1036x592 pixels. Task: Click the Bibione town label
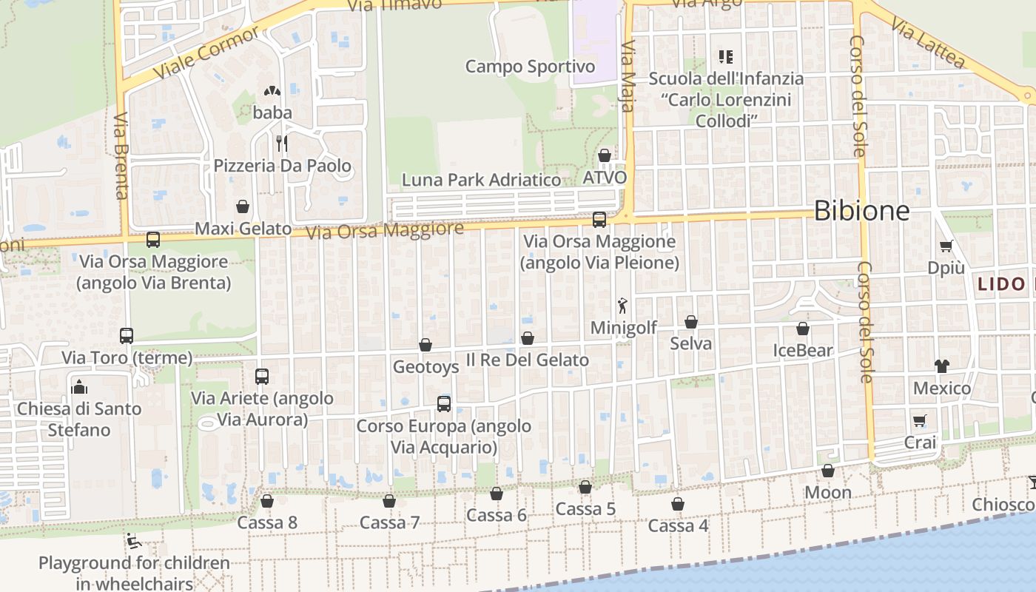[861, 211]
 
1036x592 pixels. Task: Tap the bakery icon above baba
[272, 92]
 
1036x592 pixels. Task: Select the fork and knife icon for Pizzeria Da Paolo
[281, 143]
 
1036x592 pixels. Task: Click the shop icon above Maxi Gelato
[243, 206]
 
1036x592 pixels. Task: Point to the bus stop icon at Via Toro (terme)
[127, 336]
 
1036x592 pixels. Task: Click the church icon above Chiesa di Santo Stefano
[78, 386]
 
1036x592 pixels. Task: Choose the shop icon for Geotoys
[425, 345]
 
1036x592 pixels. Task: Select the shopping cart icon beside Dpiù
[946, 246]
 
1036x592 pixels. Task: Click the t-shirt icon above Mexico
[942, 366]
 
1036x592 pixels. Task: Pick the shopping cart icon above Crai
[920, 420]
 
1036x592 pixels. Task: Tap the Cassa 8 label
[267, 522]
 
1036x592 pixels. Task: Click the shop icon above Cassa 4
[678, 504]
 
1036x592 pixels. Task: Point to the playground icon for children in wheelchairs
[134, 542]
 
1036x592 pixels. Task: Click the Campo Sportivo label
[530, 67]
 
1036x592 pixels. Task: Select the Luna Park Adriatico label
[481, 180]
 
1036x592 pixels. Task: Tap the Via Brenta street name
[122, 156]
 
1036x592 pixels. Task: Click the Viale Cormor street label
[206, 53]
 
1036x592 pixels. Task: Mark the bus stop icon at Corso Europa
[444, 404]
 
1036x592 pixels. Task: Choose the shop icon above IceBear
[803, 329]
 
